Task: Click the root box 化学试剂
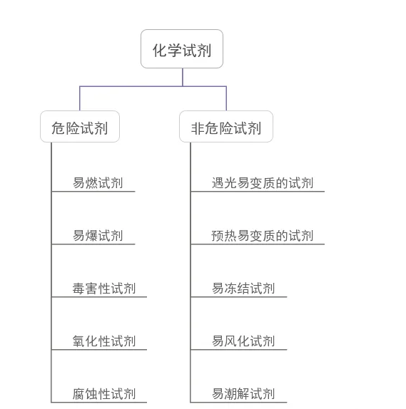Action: pyautogui.click(x=182, y=48)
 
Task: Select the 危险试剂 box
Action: pyautogui.click(x=80, y=127)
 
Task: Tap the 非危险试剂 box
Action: pyautogui.click(x=226, y=127)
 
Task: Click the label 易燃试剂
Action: pyautogui.click(x=98, y=183)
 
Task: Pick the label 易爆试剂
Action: pyautogui.click(x=98, y=236)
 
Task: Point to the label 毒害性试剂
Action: pyautogui.click(x=104, y=289)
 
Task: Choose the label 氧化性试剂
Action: pyautogui.click(x=104, y=341)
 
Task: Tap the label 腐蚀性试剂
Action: pyautogui.click(x=104, y=394)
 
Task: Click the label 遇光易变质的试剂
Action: pyautogui.click(x=263, y=183)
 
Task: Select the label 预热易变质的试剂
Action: pyautogui.click(x=263, y=236)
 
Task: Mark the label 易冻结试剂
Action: pyautogui.click(x=243, y=289)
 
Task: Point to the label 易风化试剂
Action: pyautogui.click(x=243, y=341)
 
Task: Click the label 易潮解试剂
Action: pyautogui.click(x=243, y=394)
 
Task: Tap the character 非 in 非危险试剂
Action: pyautogui.click(x=198, y=128)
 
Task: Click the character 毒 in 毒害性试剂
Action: pyautogui.click(x=78, y=289)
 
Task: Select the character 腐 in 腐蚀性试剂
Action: pyautogui.click(x=78, y=394)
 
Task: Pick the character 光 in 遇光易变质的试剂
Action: pyautogui.click(x=230, y=183)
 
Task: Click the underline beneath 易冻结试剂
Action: pyautogui.click(x=239, y=297)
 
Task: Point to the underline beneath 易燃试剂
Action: pyautogui.click(x=93, y=192)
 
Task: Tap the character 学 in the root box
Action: pyautogui.click(x=175, y=51)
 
